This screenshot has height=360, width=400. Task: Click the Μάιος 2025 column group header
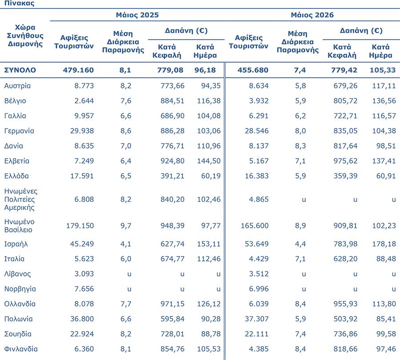click(137, 15)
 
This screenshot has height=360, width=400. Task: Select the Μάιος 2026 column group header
click(312, 15)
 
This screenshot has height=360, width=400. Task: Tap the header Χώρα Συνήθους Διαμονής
click(25, 36)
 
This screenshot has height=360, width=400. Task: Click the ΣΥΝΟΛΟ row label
click(20, 70)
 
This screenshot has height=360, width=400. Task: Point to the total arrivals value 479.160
click(78, 70)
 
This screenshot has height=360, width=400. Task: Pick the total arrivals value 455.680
click(253, 70)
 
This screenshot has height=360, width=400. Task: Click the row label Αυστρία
click(17, 86)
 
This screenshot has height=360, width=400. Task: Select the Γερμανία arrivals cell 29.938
click(82, 131)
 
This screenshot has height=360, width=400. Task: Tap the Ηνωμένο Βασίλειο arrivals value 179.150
click(80, 226)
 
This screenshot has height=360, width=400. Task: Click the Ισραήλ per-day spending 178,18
click(384, 244)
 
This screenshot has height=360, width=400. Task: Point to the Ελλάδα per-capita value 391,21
click(173, 176)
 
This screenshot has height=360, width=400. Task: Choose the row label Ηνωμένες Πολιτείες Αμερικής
click(21, 199)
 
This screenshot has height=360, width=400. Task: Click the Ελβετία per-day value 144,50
click(209, 161)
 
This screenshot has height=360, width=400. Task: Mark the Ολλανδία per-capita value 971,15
click(173, 304)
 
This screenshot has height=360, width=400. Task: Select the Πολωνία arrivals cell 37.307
click(257, 319)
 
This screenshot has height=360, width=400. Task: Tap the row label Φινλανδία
click(21, 349)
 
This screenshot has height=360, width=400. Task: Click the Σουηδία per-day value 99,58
click(386, 334)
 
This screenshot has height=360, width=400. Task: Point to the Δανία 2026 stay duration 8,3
click(300, 146)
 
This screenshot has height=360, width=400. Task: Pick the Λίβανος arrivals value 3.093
click(84, 274)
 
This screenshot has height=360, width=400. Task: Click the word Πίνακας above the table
click(20, 3)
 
